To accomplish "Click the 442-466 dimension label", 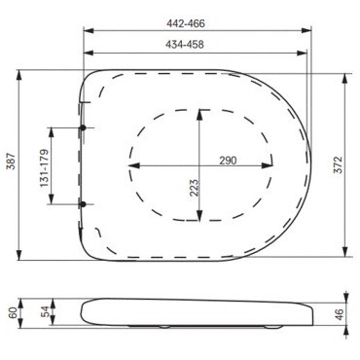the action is [x=186, y=23].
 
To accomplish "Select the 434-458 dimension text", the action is [x=185, y=45].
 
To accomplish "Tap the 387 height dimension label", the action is [x=12, y=162].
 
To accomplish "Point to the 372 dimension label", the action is [x=338, y=164].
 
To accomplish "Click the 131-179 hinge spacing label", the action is [x=45, y=168].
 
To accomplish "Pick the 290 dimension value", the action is [x=228, y=161].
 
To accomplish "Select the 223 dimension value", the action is [x=194, y=188].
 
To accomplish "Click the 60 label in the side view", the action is [x=13, y=313].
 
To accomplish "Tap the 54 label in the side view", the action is [x=46, y=311].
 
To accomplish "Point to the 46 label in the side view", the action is [x=340, y=314].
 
